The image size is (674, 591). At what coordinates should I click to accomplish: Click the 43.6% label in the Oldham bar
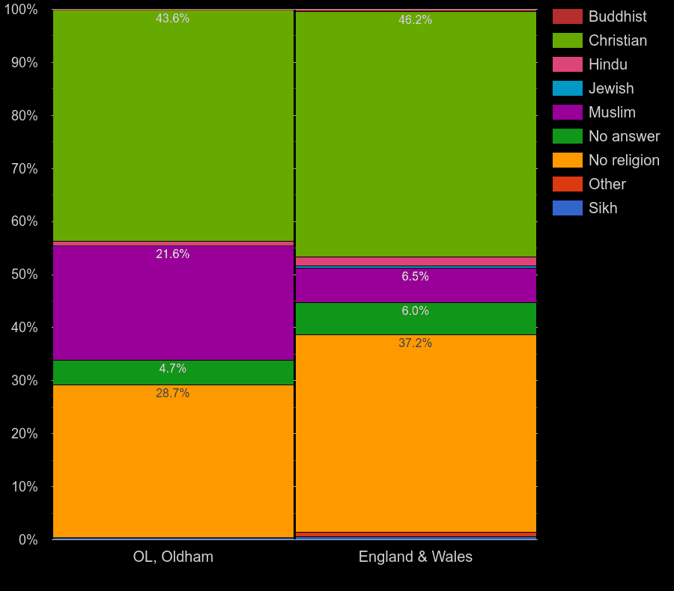[172, 19]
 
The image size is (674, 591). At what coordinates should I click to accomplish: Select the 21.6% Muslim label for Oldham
[172, 254]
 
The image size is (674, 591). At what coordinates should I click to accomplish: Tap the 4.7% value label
[172, 369]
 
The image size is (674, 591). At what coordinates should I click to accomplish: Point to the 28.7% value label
[172, 394]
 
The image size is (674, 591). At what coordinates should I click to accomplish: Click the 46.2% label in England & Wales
[415, 20]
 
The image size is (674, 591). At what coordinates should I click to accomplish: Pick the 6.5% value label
[415, 277]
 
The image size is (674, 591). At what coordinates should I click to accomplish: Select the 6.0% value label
[415, 311]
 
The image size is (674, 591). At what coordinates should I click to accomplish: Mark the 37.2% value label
[415, 343]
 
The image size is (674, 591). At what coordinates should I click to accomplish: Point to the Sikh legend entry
[603, 208]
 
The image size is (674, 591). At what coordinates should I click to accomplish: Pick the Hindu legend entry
[607, 64]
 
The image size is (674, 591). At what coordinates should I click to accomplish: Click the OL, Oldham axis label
[173, 557]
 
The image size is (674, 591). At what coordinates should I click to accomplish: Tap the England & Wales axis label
[416, 557]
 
